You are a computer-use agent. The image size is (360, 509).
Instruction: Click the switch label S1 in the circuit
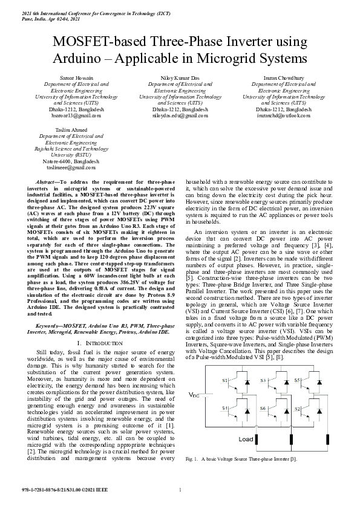pos(225,381)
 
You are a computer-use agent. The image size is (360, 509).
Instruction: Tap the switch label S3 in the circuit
pos(263,381)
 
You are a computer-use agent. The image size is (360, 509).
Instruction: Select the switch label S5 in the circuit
pos(298,381)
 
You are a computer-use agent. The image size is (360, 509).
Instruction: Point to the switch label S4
pos(225,409)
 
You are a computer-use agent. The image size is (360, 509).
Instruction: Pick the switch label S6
pos(263,409)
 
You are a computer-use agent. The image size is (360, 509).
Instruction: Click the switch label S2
pos(298,409)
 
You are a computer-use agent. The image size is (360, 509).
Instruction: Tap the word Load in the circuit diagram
pos(246,438)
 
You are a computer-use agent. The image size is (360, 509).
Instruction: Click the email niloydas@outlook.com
pos(180,115)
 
